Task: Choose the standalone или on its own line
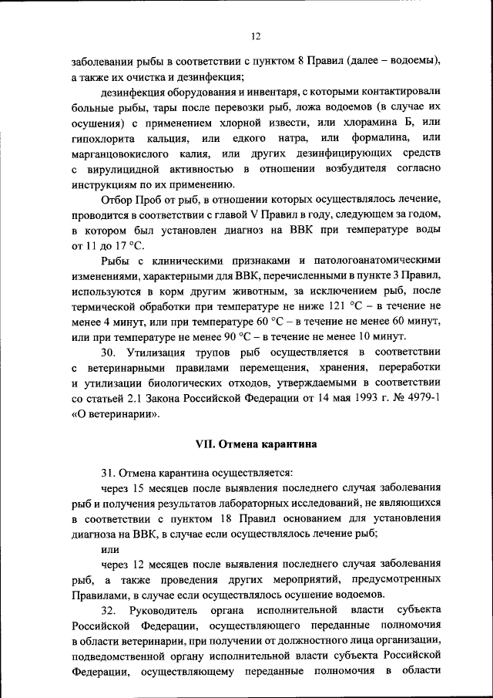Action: point(110,549)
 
